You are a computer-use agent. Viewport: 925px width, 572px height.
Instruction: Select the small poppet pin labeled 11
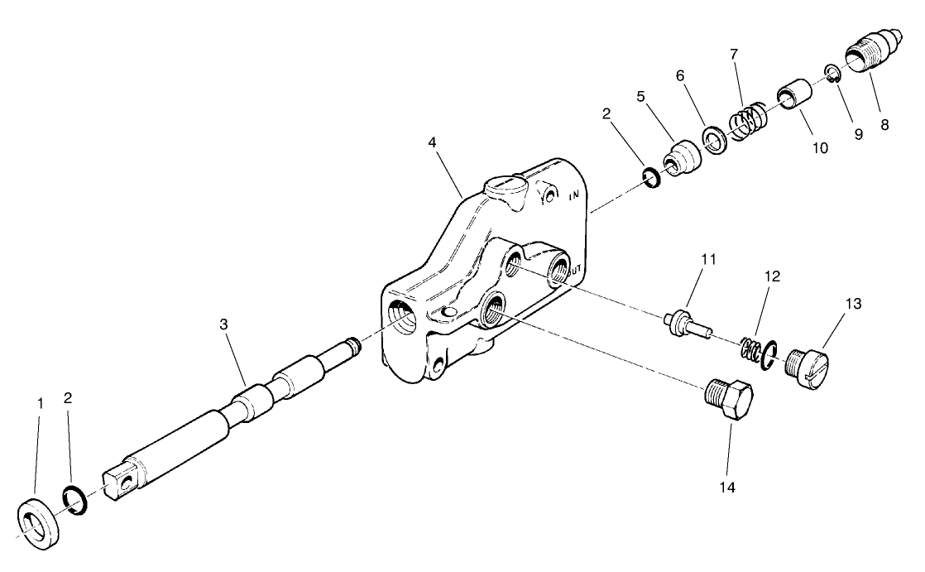pos(685,323)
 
